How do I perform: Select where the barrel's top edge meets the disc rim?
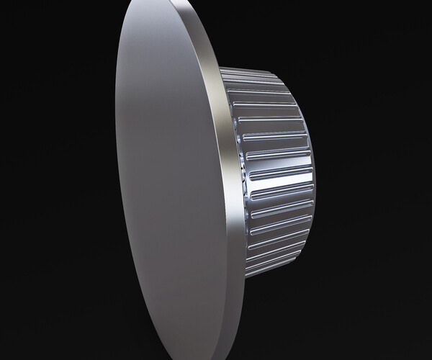[220, 68]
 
